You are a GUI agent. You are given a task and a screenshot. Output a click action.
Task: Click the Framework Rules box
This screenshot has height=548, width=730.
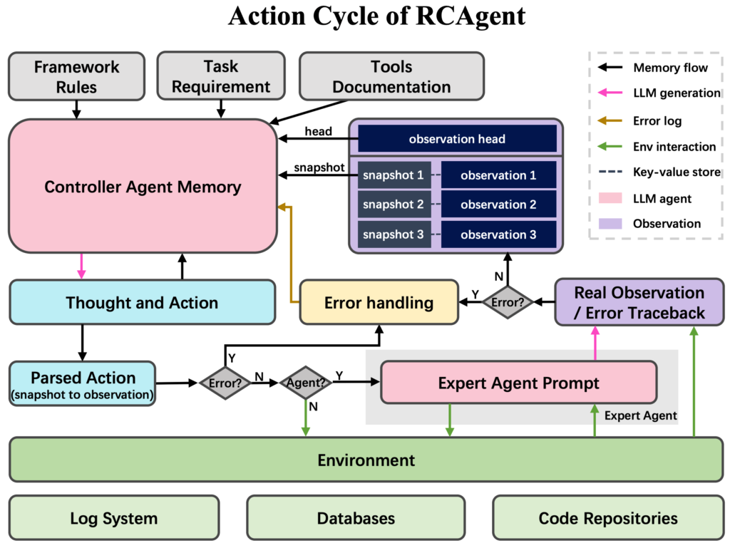click(76, 77)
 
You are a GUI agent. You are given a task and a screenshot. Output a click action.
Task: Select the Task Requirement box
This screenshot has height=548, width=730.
click(221, 77)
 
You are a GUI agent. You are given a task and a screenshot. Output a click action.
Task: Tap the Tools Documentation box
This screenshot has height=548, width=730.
click(391, 77)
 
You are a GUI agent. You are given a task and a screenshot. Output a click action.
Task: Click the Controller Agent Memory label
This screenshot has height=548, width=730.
click(143, 187)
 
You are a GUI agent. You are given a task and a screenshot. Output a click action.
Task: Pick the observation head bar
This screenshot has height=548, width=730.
click(457, 139)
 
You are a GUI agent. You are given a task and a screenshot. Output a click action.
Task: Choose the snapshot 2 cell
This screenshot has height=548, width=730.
click(394, 205)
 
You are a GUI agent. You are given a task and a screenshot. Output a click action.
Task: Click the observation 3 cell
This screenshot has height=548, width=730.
click(498, 234)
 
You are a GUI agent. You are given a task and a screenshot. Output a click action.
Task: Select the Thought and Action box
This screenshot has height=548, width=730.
click(142, 303)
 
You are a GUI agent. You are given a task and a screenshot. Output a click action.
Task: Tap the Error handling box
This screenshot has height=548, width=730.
click(379, 303)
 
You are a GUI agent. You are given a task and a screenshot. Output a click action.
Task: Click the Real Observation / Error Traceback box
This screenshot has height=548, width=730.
click(639, 303)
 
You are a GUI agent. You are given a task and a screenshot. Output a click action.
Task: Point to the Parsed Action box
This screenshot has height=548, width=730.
click(83, 383)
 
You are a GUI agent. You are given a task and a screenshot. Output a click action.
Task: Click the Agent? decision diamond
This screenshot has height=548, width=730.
click(305, 383)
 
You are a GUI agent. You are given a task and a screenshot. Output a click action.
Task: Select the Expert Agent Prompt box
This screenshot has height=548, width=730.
click(518, 383)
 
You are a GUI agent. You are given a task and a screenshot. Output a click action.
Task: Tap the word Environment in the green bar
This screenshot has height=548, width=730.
click(366, 460)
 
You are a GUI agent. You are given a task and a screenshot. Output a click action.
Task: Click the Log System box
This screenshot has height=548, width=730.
click(113, 518)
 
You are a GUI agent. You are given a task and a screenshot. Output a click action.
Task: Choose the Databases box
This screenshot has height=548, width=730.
click(356, 518)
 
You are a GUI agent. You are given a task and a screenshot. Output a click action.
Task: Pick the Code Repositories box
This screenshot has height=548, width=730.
click(607, 518)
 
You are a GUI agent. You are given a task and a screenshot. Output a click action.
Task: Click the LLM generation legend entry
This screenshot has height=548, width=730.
click(676, 93)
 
